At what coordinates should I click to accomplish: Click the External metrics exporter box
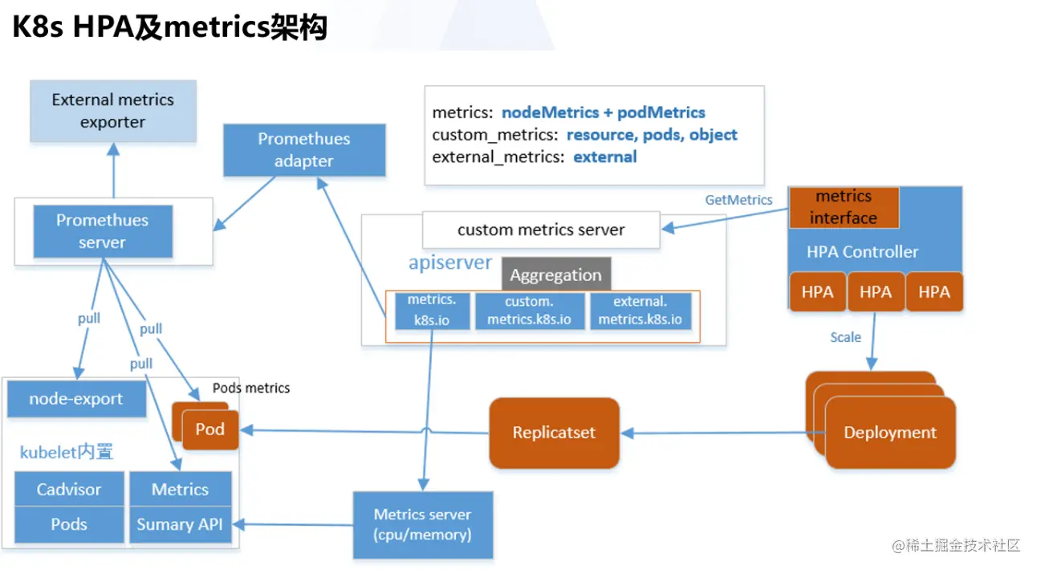112,111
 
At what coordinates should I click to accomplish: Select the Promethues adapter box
303,150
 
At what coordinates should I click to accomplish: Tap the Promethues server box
102,231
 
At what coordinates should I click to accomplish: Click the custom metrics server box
541,230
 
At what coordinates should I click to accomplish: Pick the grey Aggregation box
555,275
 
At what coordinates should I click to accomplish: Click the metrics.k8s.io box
431,311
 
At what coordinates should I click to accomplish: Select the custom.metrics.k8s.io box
530,311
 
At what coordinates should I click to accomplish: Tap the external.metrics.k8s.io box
640,311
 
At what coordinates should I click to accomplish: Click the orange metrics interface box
843,207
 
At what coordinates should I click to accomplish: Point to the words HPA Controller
862,252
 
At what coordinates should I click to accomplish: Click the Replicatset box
554,433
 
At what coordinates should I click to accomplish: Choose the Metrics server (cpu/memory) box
422,524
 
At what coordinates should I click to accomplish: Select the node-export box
76,399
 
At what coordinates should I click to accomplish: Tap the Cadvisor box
69,490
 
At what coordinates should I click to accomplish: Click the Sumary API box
180,524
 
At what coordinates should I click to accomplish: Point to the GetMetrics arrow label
738,200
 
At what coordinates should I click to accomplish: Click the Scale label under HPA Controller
845,337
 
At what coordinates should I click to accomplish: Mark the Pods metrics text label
251,388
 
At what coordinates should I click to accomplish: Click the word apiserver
450,263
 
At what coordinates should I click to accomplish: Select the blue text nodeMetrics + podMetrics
603,113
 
